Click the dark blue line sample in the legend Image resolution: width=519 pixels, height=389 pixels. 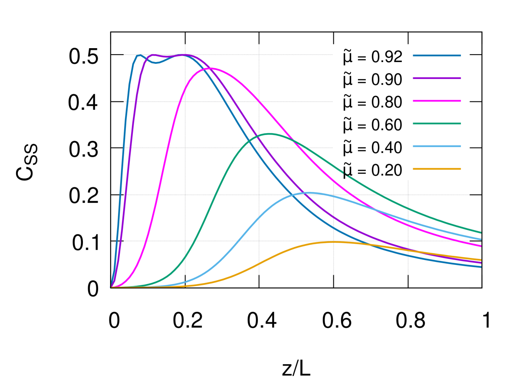(437, 56)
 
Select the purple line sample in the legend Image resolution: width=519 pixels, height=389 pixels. (437, 78)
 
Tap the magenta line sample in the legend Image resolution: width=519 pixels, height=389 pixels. (437, 101)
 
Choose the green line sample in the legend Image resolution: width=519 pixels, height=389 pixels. (437, 124)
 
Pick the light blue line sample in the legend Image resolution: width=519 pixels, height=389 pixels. (437, 147)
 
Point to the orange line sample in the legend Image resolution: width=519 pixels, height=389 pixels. (437, 169)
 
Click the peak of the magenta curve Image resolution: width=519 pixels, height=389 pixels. (210, 68)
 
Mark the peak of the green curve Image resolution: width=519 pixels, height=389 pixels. (269, 134)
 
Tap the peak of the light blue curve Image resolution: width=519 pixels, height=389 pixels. (309, 193)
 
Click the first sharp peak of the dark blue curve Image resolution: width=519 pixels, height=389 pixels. (138, 55)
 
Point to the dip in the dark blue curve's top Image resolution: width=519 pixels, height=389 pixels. (157, 63)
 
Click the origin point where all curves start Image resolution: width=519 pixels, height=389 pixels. (112, 287)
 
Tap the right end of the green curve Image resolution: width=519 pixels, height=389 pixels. (481, 232)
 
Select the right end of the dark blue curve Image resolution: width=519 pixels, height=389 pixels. (481, 267)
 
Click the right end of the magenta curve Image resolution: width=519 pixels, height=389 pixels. (481, 246)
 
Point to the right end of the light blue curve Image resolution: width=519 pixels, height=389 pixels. (481, 239)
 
